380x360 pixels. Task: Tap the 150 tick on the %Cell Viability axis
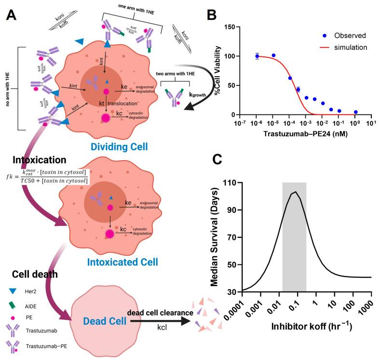click(x=228, y=27)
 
